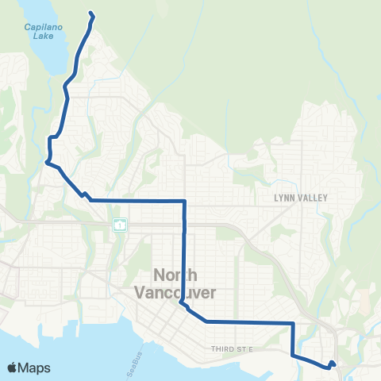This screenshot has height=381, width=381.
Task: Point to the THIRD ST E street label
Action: click(232, 348)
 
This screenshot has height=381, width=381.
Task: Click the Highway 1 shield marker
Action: click(118, 225)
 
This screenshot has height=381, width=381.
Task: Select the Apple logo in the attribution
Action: click(13, 368)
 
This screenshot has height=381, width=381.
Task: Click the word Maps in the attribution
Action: click(36, 368)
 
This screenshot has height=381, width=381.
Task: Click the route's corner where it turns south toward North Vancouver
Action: click(185, 202)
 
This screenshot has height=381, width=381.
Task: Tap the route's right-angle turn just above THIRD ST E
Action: click(293, 323)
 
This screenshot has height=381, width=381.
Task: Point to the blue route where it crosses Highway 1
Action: click(185, 225)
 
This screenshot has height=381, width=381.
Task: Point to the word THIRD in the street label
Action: click(223, 348)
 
